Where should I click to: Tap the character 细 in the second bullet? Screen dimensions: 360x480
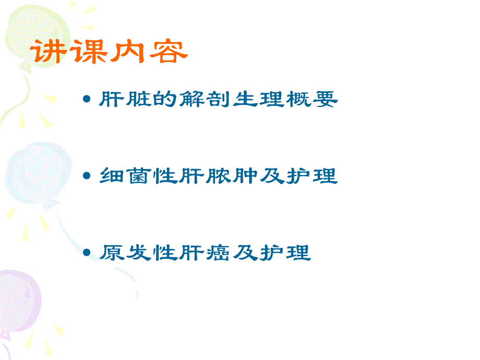pyautogui.click(x=110, y=176)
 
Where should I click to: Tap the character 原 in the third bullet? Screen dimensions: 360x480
pyautogui.click(x=110, y=253)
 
